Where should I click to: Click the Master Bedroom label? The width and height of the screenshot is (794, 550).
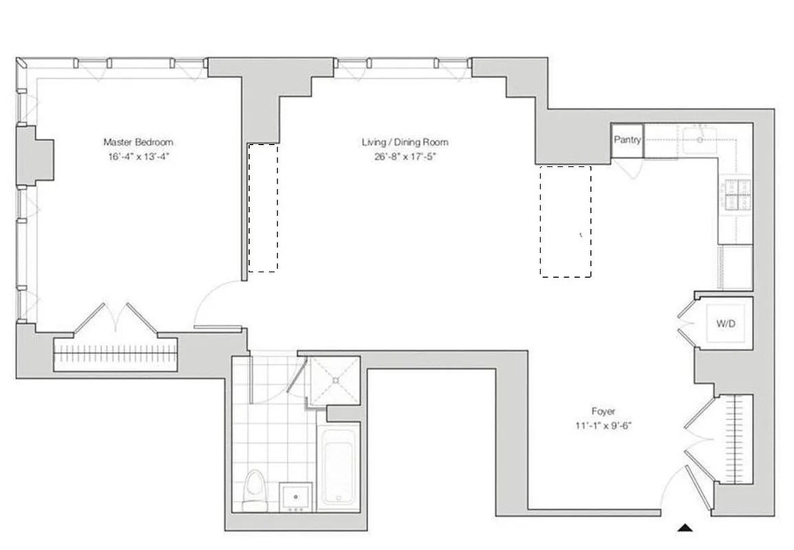pos(138,142)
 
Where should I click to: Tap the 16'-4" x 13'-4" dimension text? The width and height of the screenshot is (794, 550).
pos(138,156)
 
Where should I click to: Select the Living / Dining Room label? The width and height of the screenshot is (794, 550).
pos(405,142)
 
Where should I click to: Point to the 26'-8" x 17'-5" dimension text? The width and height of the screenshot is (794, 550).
pos(405,156)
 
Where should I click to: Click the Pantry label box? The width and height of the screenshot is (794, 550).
pos(627,140)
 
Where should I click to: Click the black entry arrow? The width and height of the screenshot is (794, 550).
pos(685,528)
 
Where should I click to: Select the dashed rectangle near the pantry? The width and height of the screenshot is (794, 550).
pos(565,221)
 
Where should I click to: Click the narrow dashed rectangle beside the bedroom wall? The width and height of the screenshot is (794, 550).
pos(263,207)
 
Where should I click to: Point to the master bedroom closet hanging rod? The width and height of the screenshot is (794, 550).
pos(116,356)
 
